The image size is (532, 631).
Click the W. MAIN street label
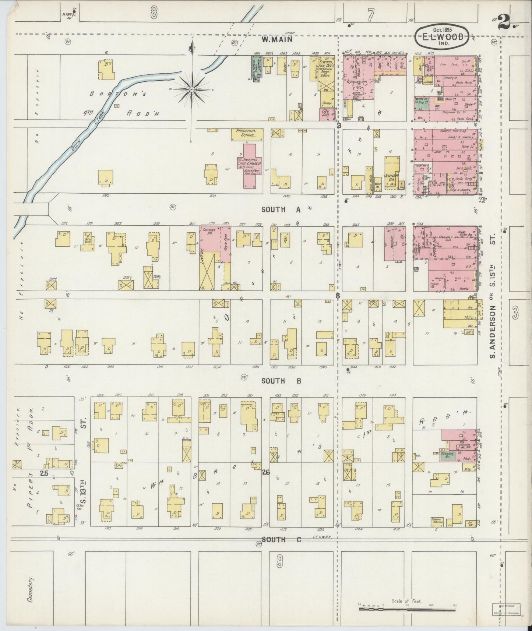coord(277,39)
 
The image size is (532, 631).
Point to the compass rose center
coord(192,89)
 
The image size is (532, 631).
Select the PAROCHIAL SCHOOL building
coord(247,135)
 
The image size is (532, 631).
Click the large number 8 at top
coord(154,14)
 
